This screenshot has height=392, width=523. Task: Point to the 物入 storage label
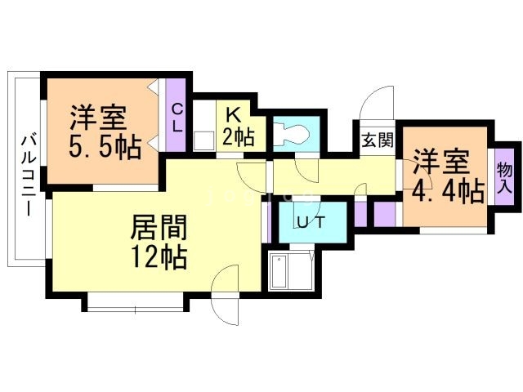pyautogui.click(x=504, y=176)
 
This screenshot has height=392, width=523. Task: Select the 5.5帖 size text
pyautogui.click(x=105, y=148)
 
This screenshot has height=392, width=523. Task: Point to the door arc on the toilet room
pyautogui.click(x=306, y=167)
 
